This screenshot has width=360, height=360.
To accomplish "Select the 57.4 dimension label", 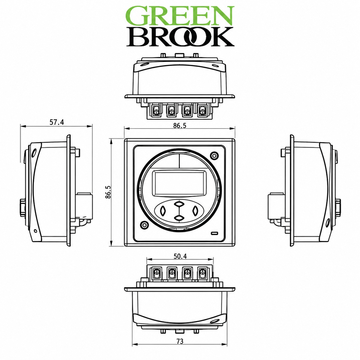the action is [x=57, y=122].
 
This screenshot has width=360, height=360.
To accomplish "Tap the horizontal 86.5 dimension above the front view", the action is [x=180, y=125].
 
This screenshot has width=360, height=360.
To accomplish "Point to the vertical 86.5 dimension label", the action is [x=108, y=192].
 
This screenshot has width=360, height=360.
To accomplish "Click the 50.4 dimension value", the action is [x=180, y=256].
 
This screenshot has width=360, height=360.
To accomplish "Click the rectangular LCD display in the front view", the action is [x=179, y=184].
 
